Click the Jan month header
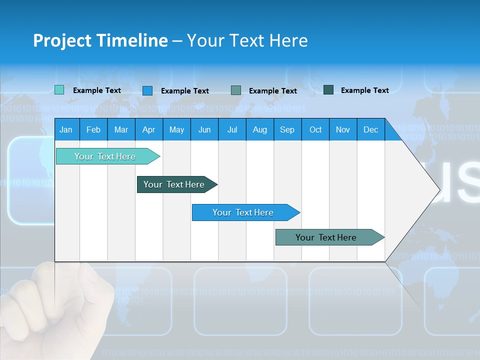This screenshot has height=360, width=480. click(66, 130)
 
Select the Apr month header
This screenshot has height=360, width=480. click(148, 130)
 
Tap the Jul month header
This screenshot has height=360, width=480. click(232, 130)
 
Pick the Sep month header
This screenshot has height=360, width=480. click(287, 130)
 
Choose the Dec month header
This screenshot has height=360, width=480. click(370, 130)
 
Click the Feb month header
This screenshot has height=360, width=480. click(93, 130)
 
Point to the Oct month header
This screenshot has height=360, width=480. click(315, 130)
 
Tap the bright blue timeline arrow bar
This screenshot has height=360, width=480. click(243, 212)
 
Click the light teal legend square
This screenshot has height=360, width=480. click(59, 90)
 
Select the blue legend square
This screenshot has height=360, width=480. click(147, 90)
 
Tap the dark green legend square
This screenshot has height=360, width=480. click(328, 90)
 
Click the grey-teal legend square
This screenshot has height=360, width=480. click(236, 90)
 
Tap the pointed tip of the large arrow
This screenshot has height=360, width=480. click(438, 189)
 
